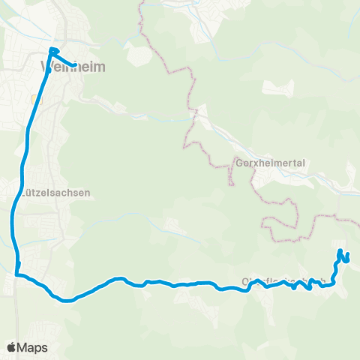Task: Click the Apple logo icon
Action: (x=13, y=347)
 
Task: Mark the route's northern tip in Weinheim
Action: (x=51, y=49)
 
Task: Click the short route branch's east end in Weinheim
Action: (x=76, y=64)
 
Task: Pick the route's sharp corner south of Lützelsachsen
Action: (x=16, y=275)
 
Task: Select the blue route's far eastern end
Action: (x=347, y=259)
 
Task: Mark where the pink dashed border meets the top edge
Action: (x=139, y=2)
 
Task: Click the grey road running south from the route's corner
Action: (x=16, y=315)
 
